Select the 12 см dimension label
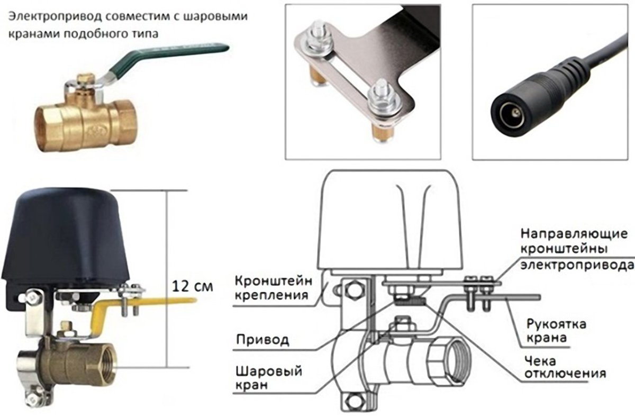pos(193,286)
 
